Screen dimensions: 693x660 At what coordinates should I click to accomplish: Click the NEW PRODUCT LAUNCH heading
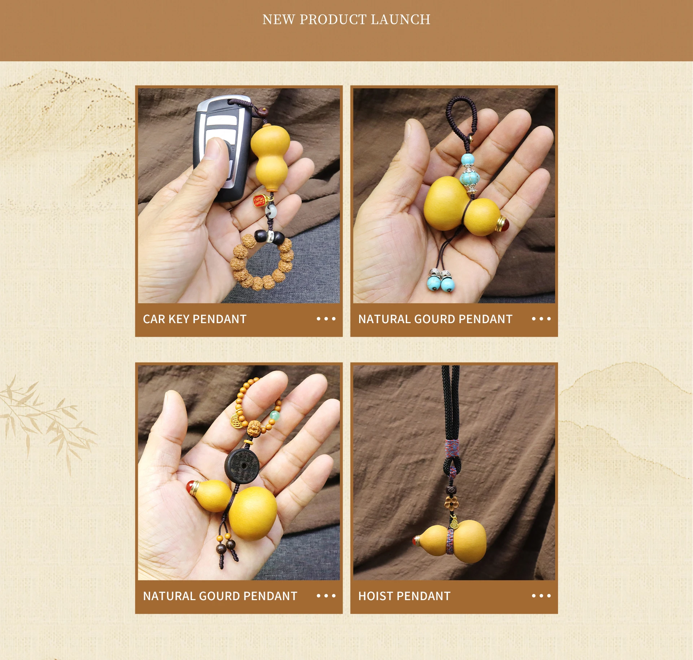tap(346, 19)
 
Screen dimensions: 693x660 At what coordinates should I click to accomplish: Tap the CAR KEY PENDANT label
tap(195, 319)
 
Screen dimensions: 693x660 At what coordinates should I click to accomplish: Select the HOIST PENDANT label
tap(404, 596)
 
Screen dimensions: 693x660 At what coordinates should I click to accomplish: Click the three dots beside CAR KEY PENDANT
tap(326, 319)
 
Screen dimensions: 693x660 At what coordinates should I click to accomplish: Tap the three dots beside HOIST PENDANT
tap(541, 596)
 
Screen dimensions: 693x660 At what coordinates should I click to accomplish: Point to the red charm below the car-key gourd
tap(259, 201)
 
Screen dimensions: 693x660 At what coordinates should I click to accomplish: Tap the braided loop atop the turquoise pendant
tap(460, 123)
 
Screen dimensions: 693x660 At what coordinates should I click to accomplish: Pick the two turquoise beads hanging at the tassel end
tap(441, 283)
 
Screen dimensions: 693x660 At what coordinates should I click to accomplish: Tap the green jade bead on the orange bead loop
tap(275, 415)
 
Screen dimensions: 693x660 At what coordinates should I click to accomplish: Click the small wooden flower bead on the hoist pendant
tap(450, 502)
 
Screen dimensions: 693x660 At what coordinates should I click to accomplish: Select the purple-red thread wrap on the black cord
tap(452, 448)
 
